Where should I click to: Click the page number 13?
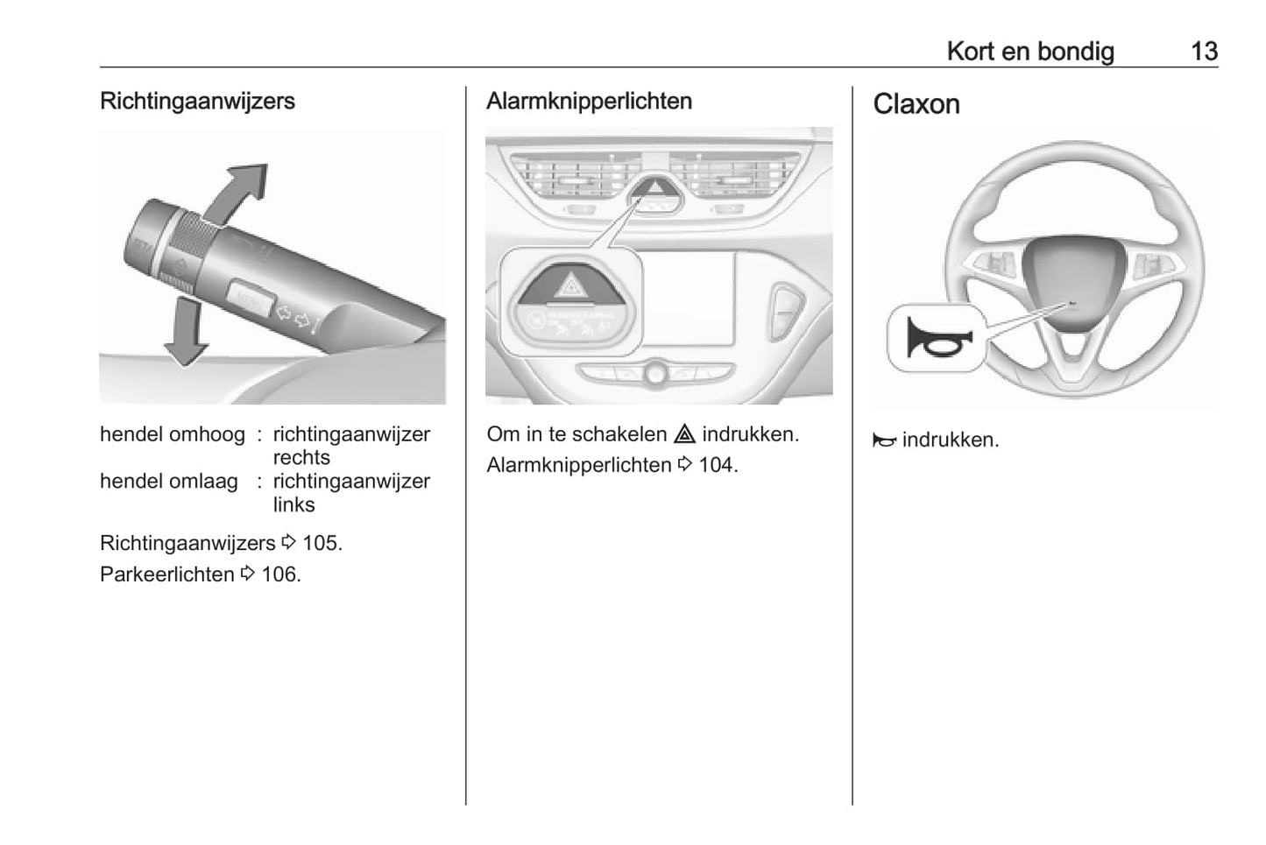tap(1204, 52)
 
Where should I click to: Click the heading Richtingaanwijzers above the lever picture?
tap(197, 102)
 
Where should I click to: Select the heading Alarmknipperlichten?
tap(589, 102)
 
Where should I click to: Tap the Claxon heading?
tap(916, 104)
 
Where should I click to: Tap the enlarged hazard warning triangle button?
tap(571, 284)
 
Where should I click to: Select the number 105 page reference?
tap(322, 544)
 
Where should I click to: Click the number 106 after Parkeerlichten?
tap(280, 575)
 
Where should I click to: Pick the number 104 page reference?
tap(718, 466)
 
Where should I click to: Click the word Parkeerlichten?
tap(166, 575)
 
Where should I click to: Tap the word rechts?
tap(301, 457)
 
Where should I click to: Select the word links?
tap(294, 505)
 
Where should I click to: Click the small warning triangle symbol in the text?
tap(684, 434)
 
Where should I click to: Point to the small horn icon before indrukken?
tap(885, 440)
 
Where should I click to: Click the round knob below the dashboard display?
tap(655, 373)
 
